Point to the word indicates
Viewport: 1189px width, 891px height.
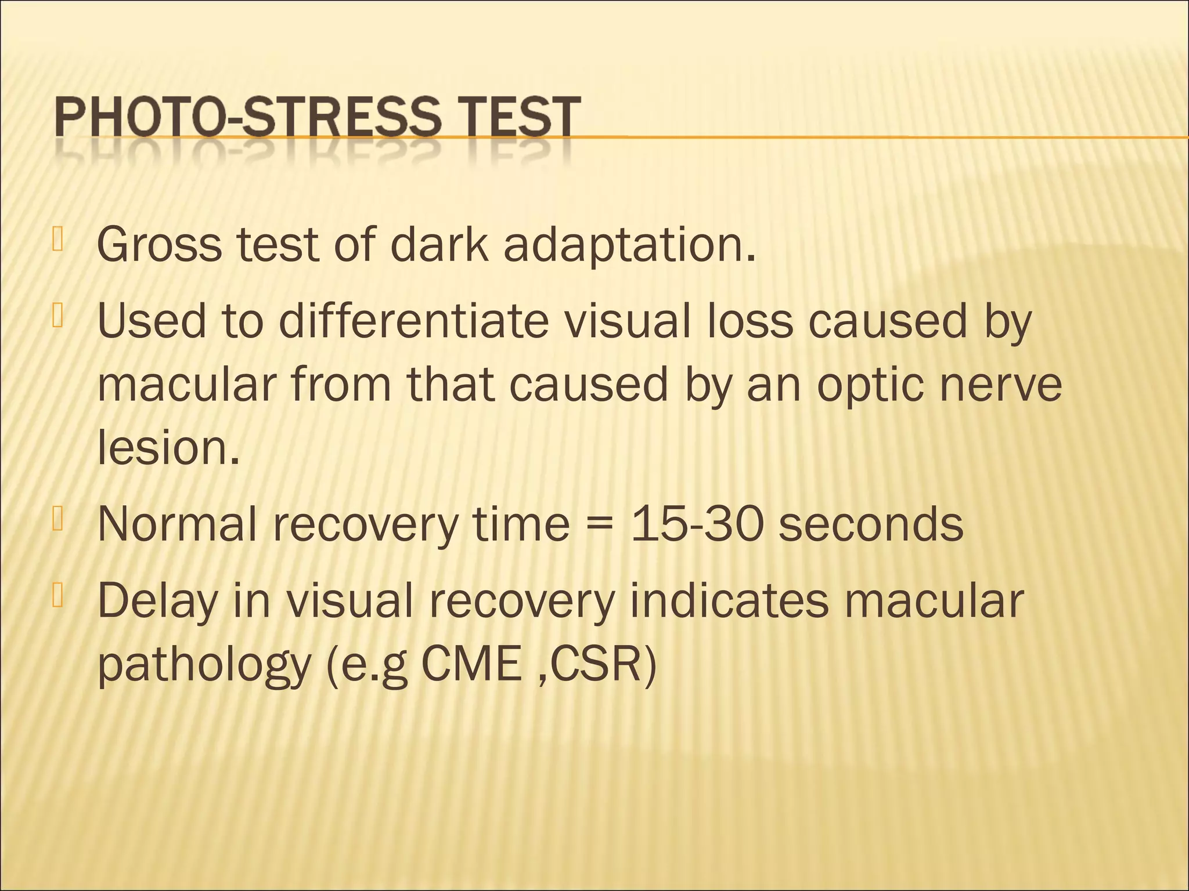729,600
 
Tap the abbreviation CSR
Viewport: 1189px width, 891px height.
596,665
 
